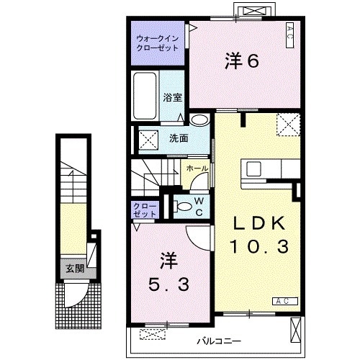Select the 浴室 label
point(171,96)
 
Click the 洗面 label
point(179,138)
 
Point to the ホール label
point(198,168)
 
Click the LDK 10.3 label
point(259,235)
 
